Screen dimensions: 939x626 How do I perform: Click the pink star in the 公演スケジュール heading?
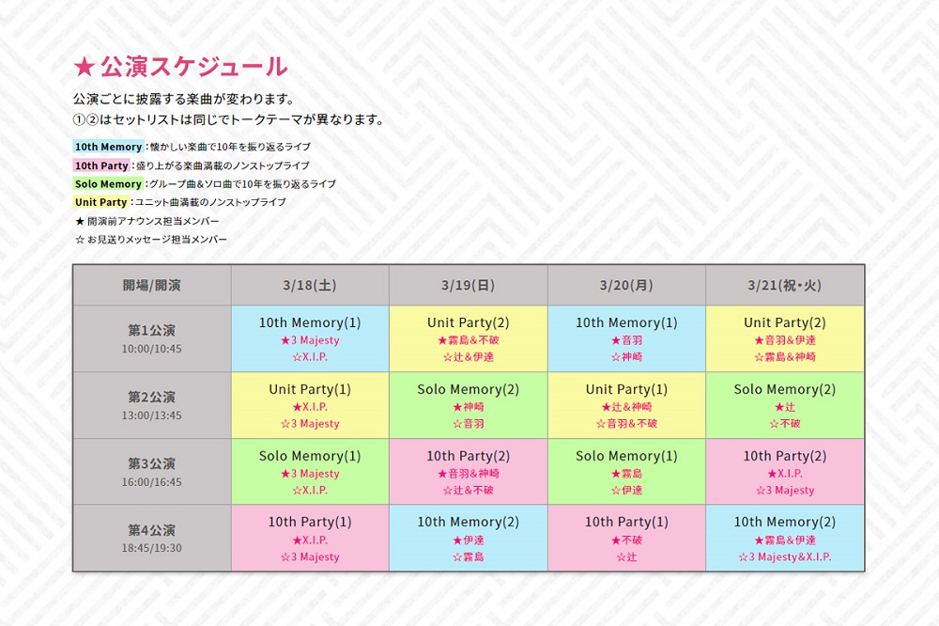click(85, 67)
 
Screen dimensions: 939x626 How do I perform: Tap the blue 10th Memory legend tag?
click(108, 147)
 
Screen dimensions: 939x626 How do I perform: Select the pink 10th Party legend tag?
click(101, 165)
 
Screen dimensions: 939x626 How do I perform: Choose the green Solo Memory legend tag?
click(108, 184)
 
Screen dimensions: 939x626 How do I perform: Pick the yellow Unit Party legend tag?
click(101, 202)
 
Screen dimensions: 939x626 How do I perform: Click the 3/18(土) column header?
click(310, 286)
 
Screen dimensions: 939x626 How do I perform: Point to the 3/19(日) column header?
click(469, 286)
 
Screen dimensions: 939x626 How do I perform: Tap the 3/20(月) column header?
click(626, 286)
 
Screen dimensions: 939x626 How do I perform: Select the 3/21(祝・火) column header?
click(784, 286)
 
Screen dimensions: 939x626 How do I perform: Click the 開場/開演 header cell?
click(151, 286)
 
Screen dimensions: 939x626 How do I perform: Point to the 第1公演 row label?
click(151, 331)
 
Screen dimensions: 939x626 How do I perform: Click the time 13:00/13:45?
click(151, 415)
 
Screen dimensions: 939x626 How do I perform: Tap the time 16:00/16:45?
click(151, 481)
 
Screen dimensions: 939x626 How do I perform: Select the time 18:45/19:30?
click(151, 548)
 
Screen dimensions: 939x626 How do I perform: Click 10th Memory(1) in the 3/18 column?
click(310, 322)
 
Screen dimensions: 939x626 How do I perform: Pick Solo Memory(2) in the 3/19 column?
click(469, 389)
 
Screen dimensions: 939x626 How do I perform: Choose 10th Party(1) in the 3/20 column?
click(626, 522)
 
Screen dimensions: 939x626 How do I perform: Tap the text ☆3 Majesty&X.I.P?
click(784, 557)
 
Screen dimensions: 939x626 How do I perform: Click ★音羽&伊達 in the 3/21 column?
click(784, 340)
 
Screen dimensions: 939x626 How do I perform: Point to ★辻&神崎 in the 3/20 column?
click(626, 407)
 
